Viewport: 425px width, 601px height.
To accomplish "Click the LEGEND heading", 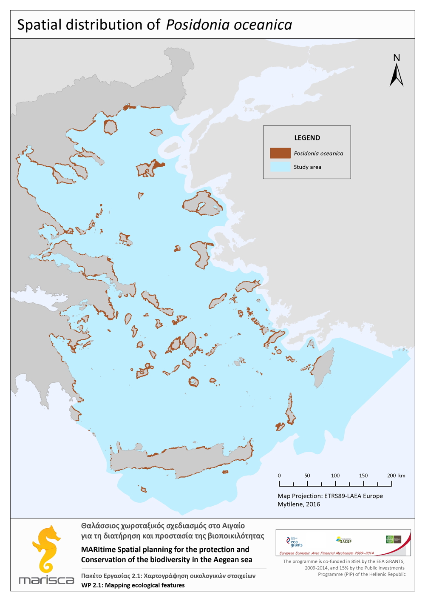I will (x=307, y=138).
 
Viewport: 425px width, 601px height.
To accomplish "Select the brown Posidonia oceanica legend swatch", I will (x=280, y=153).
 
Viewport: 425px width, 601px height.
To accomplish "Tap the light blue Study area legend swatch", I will (x=280, y=167).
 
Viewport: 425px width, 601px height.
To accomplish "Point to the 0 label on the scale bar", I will (x=279, y=476).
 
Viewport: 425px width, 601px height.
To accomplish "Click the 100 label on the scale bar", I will (x=335, y=476).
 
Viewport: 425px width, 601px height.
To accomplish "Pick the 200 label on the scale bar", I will (x=391, y=476).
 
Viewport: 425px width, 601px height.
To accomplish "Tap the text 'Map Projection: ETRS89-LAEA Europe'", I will (x=330, y=496).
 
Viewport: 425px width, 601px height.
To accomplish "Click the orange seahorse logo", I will (x=46, y=549).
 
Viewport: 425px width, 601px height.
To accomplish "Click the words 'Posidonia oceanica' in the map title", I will (x=229, y=25).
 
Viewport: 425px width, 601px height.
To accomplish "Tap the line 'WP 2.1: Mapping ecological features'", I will (x=133, y=585).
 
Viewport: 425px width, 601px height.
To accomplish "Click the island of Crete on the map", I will (x=178, y=461).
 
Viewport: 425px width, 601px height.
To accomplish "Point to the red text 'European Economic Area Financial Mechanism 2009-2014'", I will (x=326, y=553).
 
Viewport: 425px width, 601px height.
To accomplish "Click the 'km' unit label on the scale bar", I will (x=402, y=476).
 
